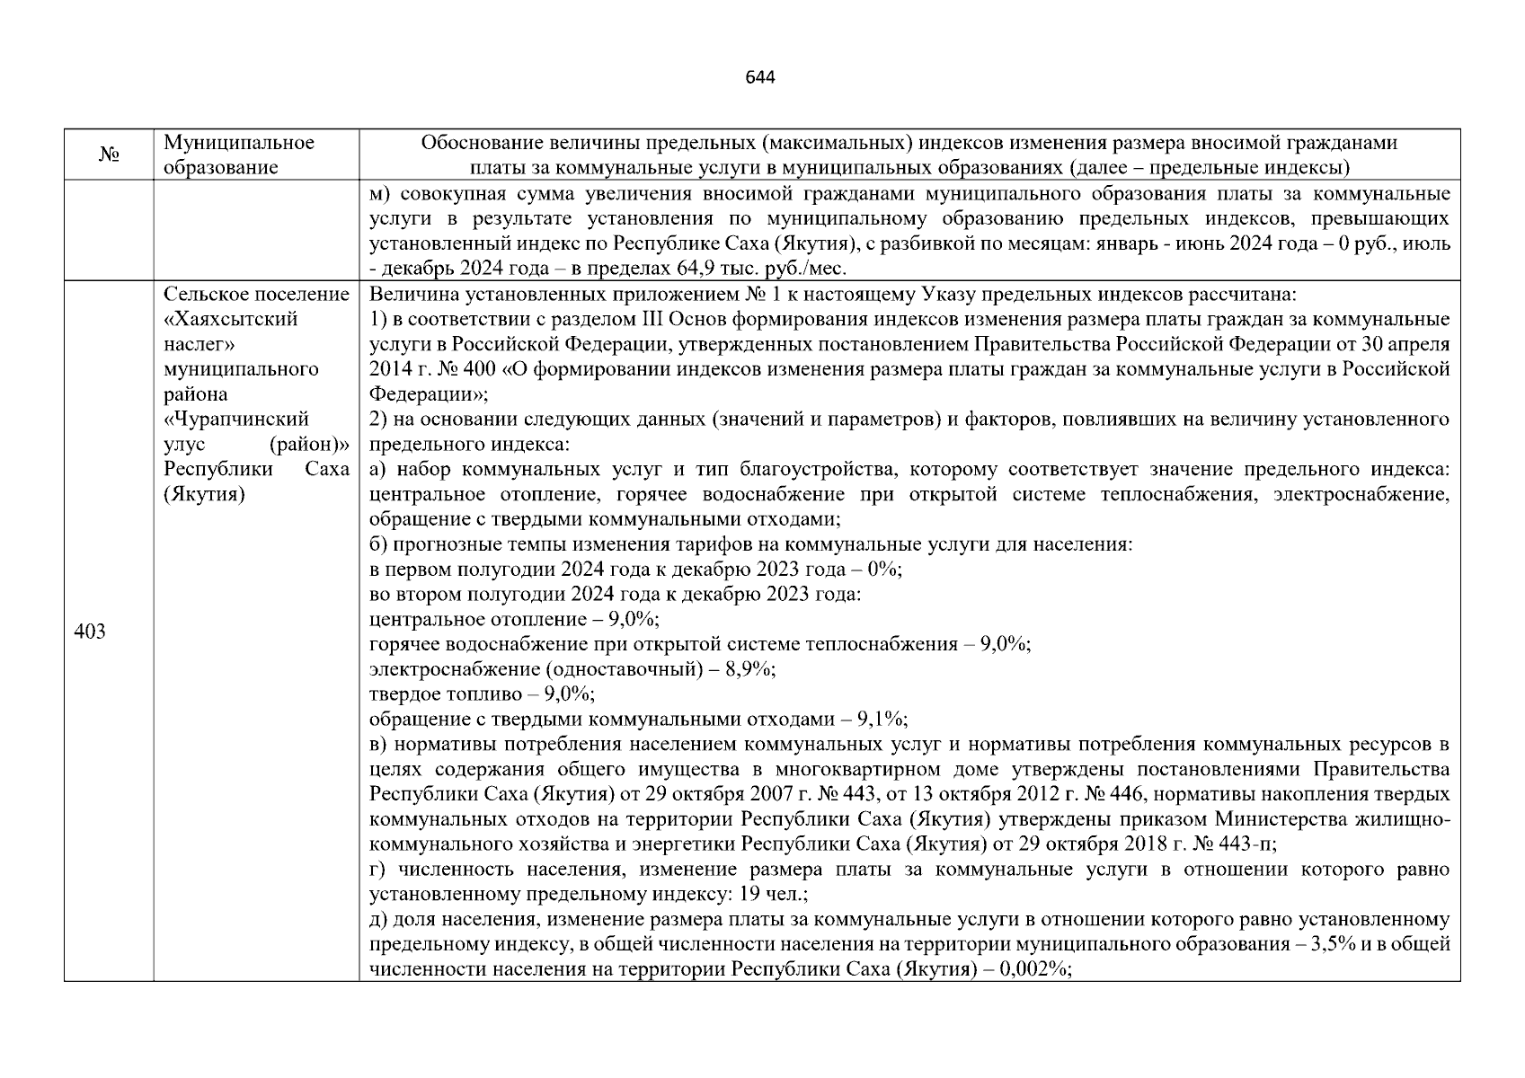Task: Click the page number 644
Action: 760,77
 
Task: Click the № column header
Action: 109,155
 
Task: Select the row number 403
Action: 90,632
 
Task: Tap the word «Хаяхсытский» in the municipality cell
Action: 231,319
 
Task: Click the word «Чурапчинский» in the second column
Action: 236,419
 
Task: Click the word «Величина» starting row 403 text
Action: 404,295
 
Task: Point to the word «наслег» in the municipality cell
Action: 199,344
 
